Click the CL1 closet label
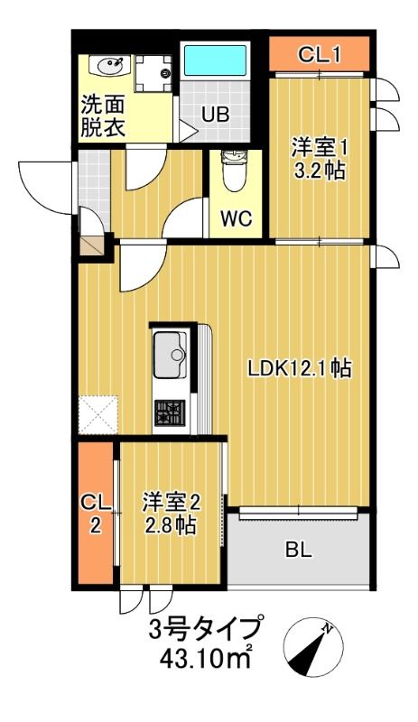(x=319, y=55)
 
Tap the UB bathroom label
(x=215, y=115)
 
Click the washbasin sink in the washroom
(x=109, y=65)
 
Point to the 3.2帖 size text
(x=320, y=170)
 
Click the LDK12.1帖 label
(x=300, y=367)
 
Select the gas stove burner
(x=168, y=413)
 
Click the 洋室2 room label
(x=171, y=500)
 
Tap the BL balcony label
(x=299, y=551)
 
